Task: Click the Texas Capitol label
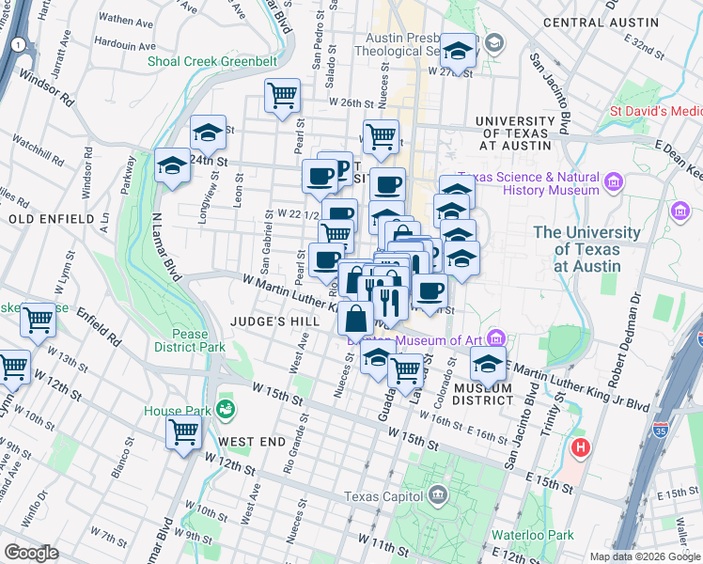[384, 496]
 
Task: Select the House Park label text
[177, 411]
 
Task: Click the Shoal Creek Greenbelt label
[211, 62]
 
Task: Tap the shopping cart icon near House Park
[184, 432]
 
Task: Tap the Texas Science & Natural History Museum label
[533, 183]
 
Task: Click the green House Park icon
[226, 409]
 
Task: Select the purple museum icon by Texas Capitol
[437, 493]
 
